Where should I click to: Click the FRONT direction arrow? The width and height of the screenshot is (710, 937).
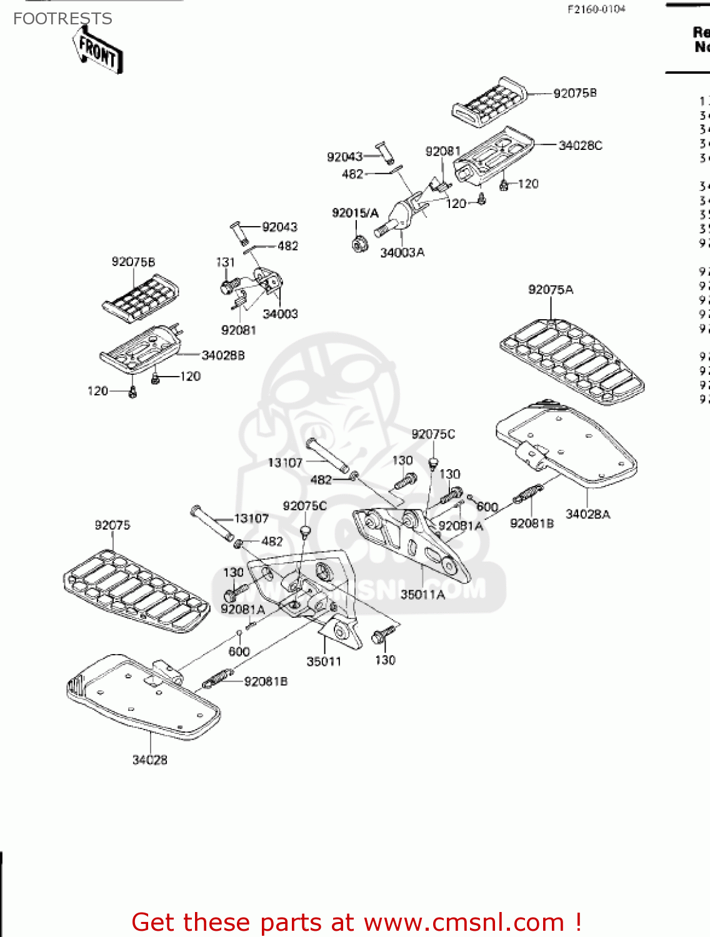(99, 51)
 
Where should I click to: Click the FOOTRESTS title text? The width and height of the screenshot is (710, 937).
(62, 19)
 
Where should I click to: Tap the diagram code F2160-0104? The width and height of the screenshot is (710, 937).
(596, 9)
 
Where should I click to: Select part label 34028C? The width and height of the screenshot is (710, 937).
(580, 146)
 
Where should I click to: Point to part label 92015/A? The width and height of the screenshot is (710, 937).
(355, 213)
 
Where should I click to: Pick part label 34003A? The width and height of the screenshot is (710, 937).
(402, 252)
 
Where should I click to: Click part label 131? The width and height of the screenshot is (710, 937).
(225, 262)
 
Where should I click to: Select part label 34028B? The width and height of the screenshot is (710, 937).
(222, 355)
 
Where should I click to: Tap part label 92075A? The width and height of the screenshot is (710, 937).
(550, 289)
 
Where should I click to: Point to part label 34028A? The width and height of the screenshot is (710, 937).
(587, 514)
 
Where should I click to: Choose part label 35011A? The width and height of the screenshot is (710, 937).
(422, 594)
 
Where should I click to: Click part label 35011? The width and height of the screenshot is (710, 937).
(324, 661)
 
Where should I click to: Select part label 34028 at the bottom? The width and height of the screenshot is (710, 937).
(149, 760)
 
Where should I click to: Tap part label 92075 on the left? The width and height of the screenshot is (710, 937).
(112, 525)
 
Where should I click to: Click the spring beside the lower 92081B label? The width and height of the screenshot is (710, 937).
(217, 678)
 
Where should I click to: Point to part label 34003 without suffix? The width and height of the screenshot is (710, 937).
(280, 314)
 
